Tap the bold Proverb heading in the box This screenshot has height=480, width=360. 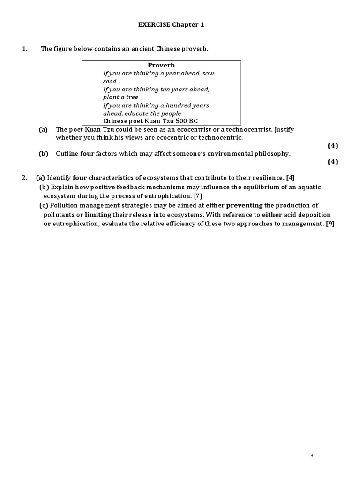(x=161, y=65)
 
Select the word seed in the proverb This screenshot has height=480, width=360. (x=110, y=81)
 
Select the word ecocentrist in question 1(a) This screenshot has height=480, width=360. (x=196, y=129)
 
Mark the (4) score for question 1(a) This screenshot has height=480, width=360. (x=332, y=145)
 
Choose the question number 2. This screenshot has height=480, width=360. (x=24, y=177)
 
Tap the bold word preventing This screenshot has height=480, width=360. (x=244, y=205)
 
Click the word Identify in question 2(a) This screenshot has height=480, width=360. (x=59, y=177)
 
